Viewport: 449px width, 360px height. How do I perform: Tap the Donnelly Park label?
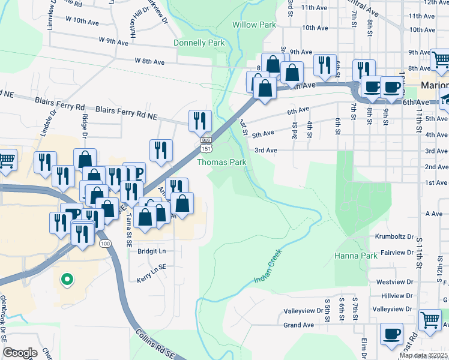click(199, 43)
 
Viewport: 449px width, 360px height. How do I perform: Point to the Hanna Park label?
click(355, 256)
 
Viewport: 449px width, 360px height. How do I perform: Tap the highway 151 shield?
click(206, 148)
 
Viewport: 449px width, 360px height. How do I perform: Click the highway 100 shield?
click(106, 243)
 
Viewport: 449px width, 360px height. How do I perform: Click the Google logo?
click(20, 353)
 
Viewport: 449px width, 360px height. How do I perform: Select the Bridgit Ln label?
click(151, 251)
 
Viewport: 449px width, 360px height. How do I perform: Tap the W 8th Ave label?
click(149, 61)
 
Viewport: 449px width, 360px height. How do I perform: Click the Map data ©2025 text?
click(423, 355)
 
